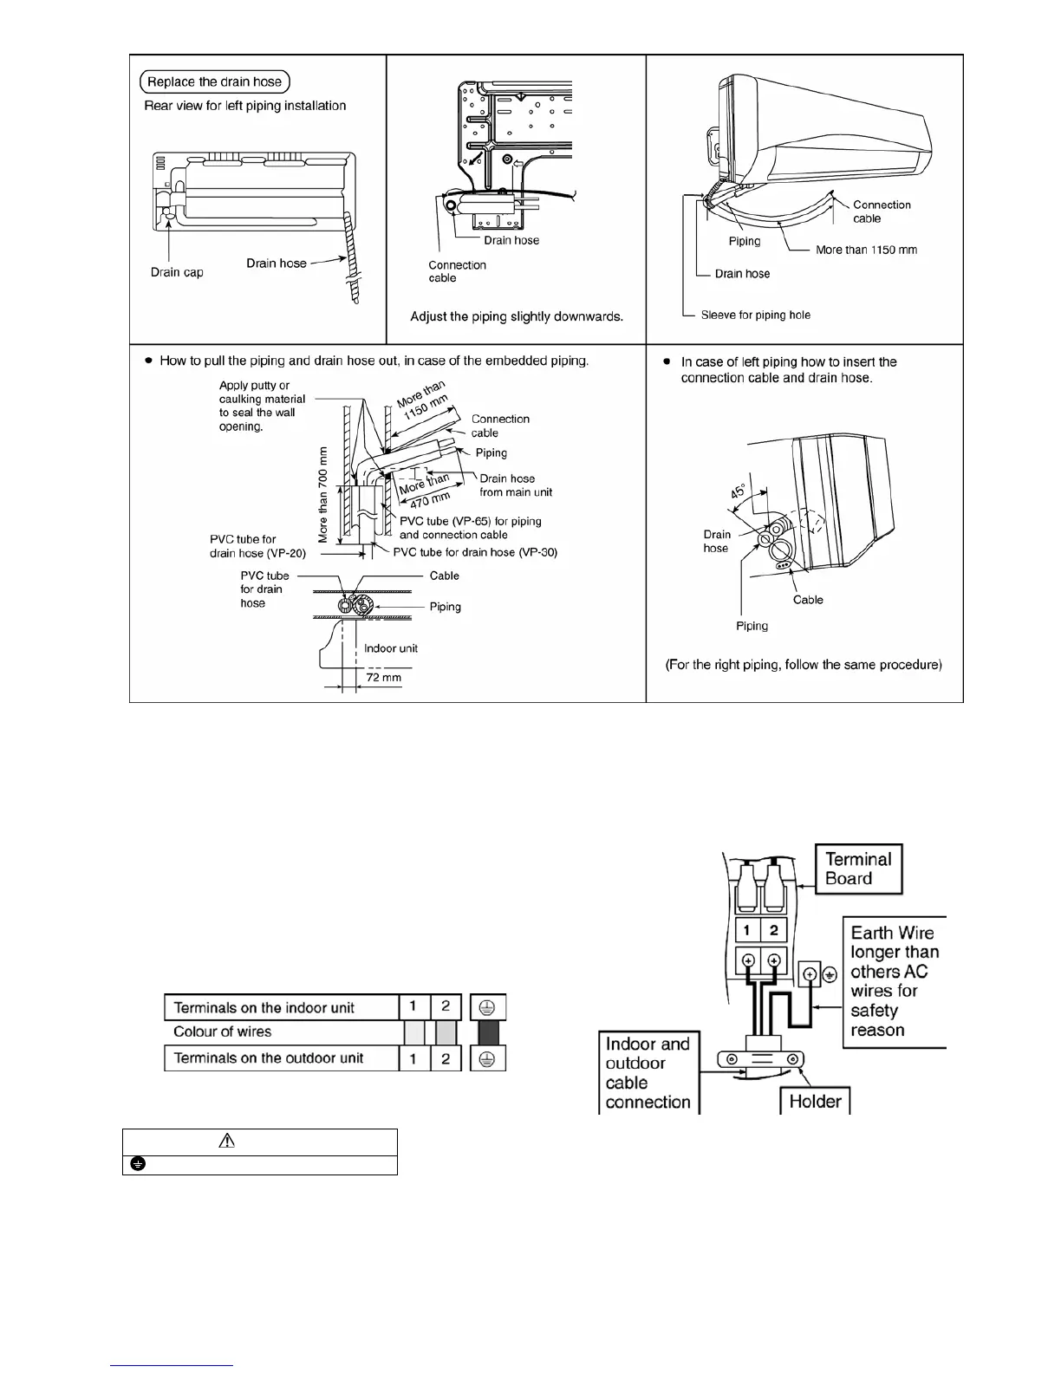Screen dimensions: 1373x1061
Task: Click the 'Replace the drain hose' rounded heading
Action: coord(215,82)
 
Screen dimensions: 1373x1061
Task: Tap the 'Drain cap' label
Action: coord(177,272)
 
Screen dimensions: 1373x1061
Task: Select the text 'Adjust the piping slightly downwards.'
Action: coord(517,316)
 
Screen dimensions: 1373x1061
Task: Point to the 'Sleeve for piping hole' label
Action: coord(755,315)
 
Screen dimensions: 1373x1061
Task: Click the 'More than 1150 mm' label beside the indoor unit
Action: coord(866,250)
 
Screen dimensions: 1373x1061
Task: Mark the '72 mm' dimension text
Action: coord(383,677)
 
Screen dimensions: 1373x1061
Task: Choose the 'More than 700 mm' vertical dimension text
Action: coord(323,495)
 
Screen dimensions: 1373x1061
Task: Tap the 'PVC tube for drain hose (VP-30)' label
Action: coord(475,552)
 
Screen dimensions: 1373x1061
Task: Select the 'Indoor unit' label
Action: coord(391,648)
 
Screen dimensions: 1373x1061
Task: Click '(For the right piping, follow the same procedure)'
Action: coord(804,665)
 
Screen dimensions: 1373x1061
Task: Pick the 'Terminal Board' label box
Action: coord(858,869)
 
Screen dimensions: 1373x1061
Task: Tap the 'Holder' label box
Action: coord(815,1101)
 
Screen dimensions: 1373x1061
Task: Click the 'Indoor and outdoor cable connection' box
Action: coord(648,1073)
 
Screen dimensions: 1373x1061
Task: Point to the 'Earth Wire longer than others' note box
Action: coord(894,981)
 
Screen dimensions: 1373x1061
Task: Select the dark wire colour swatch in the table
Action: coord(488,1032)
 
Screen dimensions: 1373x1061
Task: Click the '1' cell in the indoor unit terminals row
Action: coord(414,1007)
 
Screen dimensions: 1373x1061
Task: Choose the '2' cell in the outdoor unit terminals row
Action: coord(446,1058)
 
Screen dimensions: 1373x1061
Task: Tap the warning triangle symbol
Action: coord(227,1142)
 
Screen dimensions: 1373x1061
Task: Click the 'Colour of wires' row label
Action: coord(223,1031)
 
